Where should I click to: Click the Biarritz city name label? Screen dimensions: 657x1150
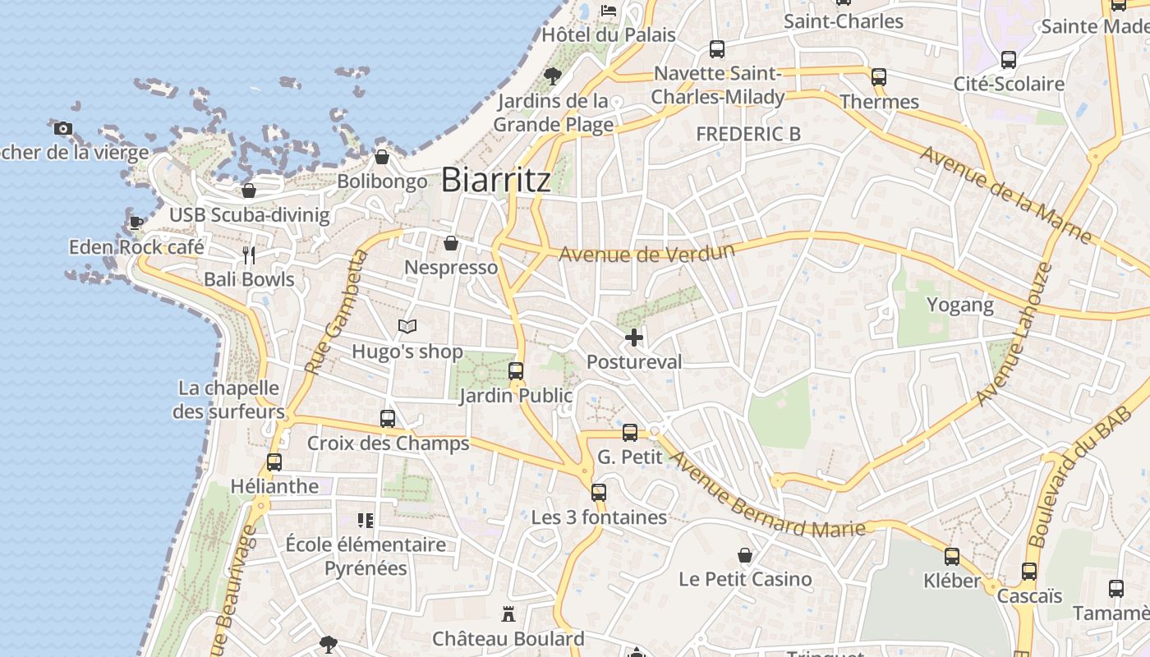coord(495,180)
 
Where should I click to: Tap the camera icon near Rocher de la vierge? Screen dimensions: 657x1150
coord(63,128)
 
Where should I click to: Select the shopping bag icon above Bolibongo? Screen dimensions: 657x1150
coord(382,157)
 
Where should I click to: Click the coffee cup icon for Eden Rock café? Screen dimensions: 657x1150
coord(136,223)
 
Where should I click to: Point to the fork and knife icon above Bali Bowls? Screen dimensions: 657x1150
coord(249,255)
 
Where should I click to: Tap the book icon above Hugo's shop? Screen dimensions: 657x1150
coord(407,327)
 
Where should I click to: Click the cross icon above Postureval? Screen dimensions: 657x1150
coord(633,337)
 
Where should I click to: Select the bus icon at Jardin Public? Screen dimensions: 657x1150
coord(516,371)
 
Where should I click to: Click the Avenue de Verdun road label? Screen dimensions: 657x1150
coord(646,252)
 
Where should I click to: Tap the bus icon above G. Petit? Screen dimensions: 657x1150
coord(630,432)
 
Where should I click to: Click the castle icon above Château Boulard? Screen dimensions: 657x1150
coord(508,613)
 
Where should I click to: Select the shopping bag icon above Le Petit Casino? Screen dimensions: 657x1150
coord(745,555)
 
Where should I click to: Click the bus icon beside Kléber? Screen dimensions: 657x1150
coord(952,557)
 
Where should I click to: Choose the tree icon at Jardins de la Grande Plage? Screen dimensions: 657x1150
coord(553,76)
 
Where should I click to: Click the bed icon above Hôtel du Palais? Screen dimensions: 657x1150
coord(609,10)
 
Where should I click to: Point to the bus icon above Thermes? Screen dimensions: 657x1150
coord(879,77)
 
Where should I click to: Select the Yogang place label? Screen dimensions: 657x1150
coord(959,306)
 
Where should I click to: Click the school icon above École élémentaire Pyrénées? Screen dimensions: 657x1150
coord(366,520)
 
